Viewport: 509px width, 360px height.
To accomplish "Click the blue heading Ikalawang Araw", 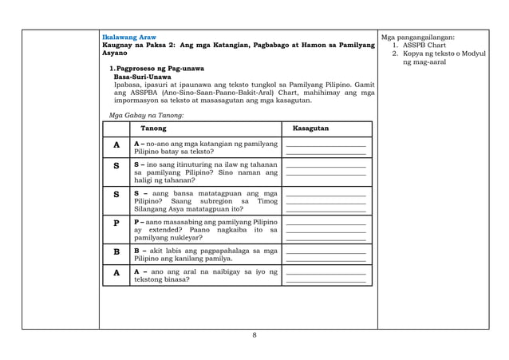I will coord(129,38).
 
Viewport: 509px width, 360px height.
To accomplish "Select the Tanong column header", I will coord(153,129).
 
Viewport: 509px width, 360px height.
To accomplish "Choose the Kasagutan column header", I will coord(310,129).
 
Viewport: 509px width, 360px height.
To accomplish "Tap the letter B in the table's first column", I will coord(116,251).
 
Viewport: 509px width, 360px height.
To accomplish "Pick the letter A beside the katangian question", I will coord(116,145).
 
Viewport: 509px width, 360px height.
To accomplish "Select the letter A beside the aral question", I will coord(116,272).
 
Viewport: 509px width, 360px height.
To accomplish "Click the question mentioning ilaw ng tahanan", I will coord(205,172).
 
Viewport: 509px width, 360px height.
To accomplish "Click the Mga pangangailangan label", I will coord(418,38).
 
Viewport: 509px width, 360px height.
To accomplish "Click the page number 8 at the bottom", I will coord(254,334).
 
